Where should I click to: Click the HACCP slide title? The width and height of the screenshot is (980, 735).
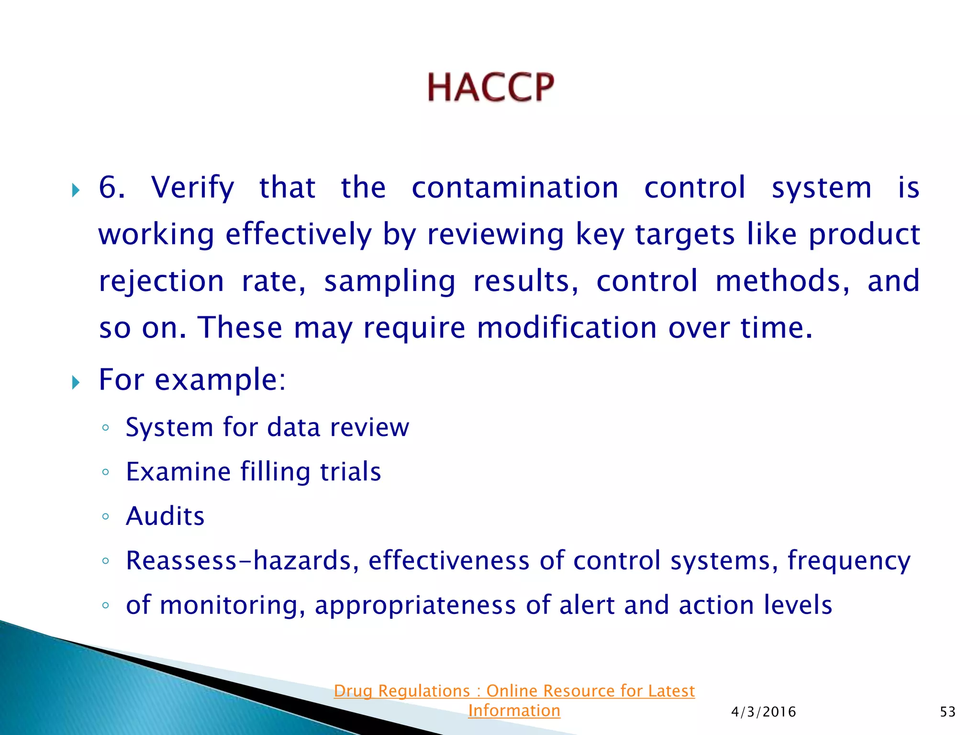(x=490, y=88)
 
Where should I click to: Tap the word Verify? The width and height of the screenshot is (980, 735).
(x=193, y=188)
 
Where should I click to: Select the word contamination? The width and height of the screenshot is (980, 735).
(x=515, y=187)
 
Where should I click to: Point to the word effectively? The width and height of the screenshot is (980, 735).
(x=298, y=234)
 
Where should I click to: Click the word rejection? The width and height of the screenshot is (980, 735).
(x=161, y=281)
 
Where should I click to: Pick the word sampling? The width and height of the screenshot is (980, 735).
(x=390, y=281)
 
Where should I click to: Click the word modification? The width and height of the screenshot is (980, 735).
(x=567, y=328)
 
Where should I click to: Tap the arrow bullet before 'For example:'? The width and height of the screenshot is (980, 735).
(x=76, y=382)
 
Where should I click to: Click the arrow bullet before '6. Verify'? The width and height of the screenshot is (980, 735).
(x=76, y=191)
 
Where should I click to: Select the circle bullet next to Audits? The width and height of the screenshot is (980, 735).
(x=106, y=516)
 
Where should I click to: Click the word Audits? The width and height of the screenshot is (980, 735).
(x=165, y=516)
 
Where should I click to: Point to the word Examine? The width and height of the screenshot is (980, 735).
(x=178, y=472)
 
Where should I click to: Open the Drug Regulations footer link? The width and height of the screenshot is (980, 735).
(x=514, y=700)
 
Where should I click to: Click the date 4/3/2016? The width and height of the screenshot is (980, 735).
(x=763, y=712)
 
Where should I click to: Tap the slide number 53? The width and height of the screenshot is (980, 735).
(x=947, y=712)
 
